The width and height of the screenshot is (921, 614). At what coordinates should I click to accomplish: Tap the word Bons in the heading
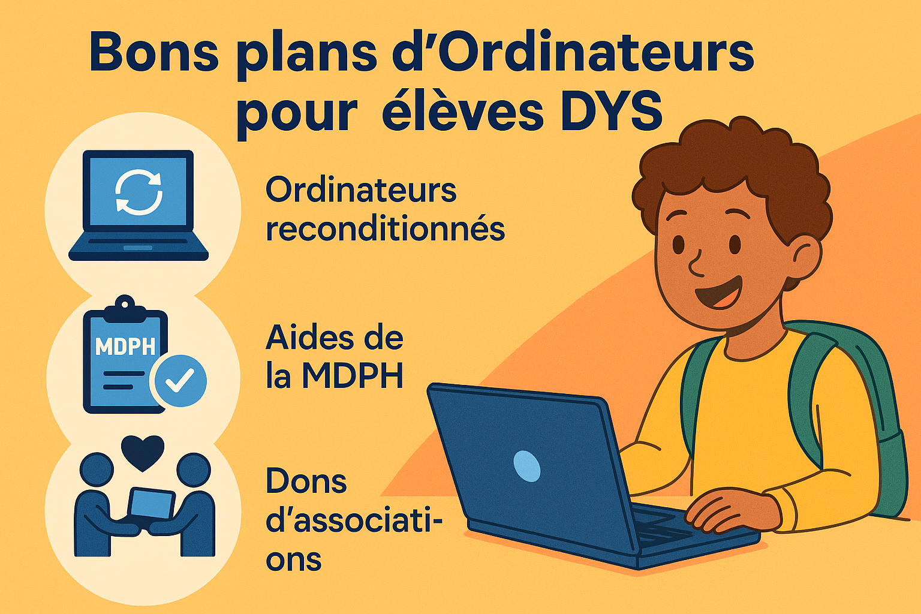pyautogui.click(x=153, y=53)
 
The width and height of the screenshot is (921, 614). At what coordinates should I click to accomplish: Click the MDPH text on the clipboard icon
pyautogui.click(x=125, y=347)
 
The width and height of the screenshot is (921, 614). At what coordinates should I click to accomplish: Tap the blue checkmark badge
pyautogui.click(x=179, y=380)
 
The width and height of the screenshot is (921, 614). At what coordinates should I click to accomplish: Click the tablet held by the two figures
pyautogui.click(x=151, y=504)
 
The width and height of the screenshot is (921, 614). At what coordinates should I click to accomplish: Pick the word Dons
pyautogui.click(x=306, y=480)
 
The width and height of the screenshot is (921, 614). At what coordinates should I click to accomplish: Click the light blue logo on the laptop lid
pyautogui.click(x=526, y=466)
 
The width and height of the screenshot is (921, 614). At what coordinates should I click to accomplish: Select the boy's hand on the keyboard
pyautogui.click(x=732, y=513)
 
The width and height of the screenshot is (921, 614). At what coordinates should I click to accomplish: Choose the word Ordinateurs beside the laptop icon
pyautogui.click(x=361, y=189)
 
